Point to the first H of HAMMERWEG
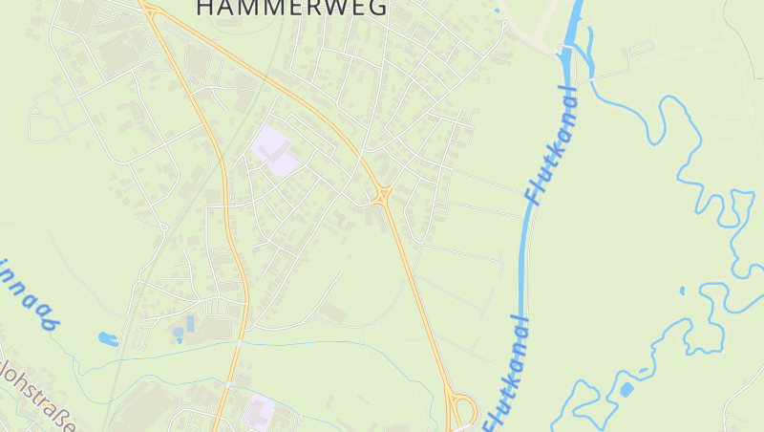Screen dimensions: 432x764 pos(205,8)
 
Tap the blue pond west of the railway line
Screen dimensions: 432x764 pos(107,338)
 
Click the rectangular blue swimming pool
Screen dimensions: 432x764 pos(190,323)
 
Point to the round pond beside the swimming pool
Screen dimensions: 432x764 pos(178,334)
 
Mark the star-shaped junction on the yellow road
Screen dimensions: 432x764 pos(382,195)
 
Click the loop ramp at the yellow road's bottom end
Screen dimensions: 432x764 pos(462,411)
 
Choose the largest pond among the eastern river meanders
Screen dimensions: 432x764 pos(626,389)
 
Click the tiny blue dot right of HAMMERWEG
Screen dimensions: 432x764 pos(497,11)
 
